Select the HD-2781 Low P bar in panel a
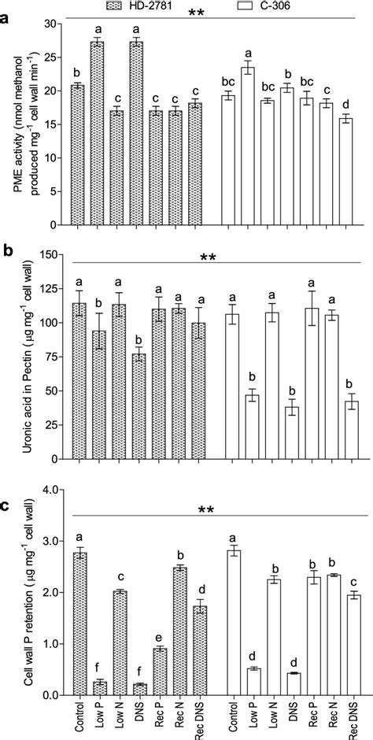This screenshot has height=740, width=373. (98, 133)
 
